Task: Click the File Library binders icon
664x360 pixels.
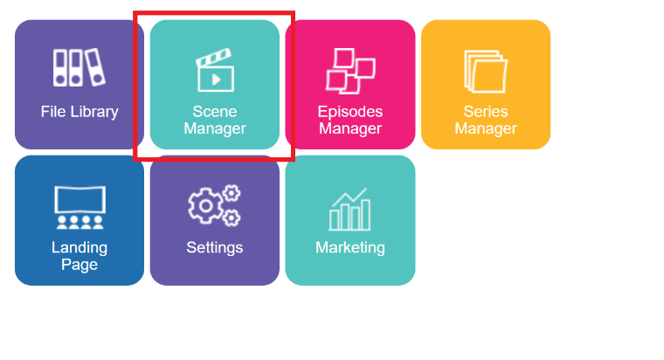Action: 79,68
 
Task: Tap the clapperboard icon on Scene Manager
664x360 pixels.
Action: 215,71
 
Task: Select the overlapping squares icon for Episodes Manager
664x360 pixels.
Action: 349,70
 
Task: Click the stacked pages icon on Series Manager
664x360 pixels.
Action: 486,70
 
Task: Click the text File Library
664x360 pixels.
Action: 80,112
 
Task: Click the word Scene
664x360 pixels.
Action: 215,112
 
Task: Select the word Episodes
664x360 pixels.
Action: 350,112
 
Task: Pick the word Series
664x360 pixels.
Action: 486,112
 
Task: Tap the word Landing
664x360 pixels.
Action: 80,247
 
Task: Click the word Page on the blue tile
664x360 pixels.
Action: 80,265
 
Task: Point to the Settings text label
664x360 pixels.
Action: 215,247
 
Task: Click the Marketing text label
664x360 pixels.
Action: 350,247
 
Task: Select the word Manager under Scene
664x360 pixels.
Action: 215,129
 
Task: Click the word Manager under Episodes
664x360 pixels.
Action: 350,129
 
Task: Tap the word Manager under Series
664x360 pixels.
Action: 486,129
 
